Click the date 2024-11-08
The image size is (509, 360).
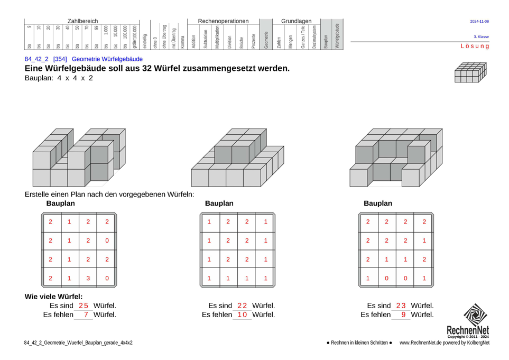point(479,22)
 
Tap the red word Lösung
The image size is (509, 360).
point(475,46)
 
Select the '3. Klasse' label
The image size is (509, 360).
point(481,36)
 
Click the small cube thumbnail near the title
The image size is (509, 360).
point(470,72)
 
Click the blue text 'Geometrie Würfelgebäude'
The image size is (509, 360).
point(107,59)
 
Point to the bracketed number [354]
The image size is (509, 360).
point(60,59)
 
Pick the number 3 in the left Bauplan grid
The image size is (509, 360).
point(88,278)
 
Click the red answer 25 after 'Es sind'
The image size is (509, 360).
point(84,306)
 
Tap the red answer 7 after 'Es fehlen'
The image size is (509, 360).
point(86,315)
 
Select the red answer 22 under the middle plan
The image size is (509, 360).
point(242,306)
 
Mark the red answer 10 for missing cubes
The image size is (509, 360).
point(242,315)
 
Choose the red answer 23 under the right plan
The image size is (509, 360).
point(401,306)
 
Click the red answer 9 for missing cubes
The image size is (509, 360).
point(403,315)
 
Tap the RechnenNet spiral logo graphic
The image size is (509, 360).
point(475,315)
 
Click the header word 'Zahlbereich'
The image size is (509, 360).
point(82,21)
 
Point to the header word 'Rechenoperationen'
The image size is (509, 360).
point(224,21)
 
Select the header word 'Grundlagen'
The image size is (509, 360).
point(297,21)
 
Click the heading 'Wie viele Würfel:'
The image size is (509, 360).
point(53,297)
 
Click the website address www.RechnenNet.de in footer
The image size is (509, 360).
point(421,343)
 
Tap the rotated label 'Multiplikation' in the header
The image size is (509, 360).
point(217,38)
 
